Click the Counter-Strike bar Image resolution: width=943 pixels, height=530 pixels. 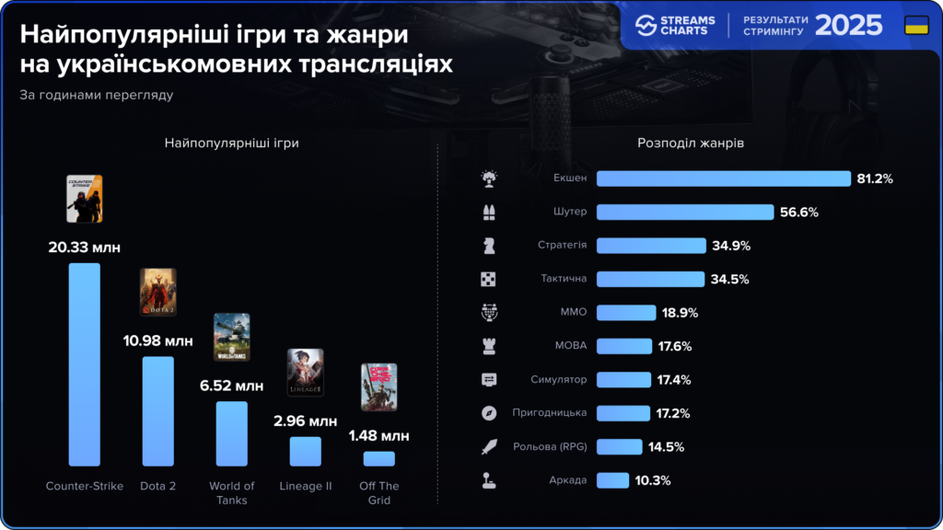pyautogui.click(x=85, y=364)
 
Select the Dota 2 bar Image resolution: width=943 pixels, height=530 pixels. pyautogui.click(x=158, y=410)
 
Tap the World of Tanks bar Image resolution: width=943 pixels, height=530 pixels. pyautogui.click(x=231, y=433)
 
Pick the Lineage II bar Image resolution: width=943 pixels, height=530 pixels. pyautogui.click(x=305, y=451)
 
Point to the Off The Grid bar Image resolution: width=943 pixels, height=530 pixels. pyautogui.click(x=378, y=458)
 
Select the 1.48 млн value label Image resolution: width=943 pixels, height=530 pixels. pyautogui.click(x=378, y=435)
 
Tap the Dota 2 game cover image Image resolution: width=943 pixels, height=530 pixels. pyautogui.click(x=157, y=293)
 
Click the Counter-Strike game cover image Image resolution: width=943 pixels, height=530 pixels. pyautogui.click(x=85, y=199)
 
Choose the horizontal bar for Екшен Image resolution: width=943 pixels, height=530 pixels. pyautogui.click(x=723, y=179)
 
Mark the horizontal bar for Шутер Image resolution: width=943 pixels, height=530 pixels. pyautogui.click(x=684, y=212)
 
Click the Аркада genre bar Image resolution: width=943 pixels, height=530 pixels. pyautogui.click(x=612, y=480)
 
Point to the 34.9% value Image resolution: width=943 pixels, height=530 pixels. pyautogui.click(x=731, y=246)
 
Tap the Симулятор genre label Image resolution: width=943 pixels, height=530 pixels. pyautogui.click(x=558, y=379)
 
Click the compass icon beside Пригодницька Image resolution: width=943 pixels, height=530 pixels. pyautogui.click(x=489, y=413)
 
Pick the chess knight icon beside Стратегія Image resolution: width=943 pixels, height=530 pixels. pyautogui.click(x=489, y=246)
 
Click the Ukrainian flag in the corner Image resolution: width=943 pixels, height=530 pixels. pyautogui.click(x=916, y=25)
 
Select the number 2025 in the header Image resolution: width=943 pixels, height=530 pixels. pyautogui.click(x=849, y=25)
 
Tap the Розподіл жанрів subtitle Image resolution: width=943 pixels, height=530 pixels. pyautogui.click(x=691, y=144)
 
